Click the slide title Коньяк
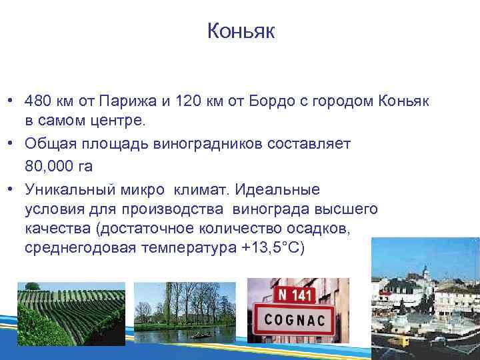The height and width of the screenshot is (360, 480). (x=240, y=31)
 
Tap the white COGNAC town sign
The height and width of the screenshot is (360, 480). (x=295, y=321)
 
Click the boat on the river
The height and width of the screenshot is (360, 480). (x=197, y=335)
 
